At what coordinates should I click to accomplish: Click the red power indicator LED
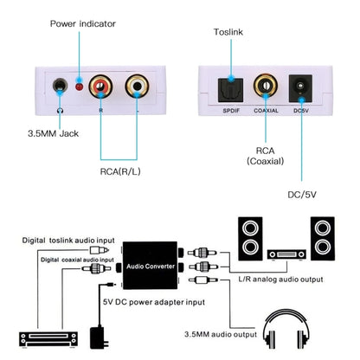(x=78, y=87)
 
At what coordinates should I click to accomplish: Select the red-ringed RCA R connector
(x=102, y=87)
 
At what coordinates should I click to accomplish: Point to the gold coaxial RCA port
(x=264, y=86)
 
